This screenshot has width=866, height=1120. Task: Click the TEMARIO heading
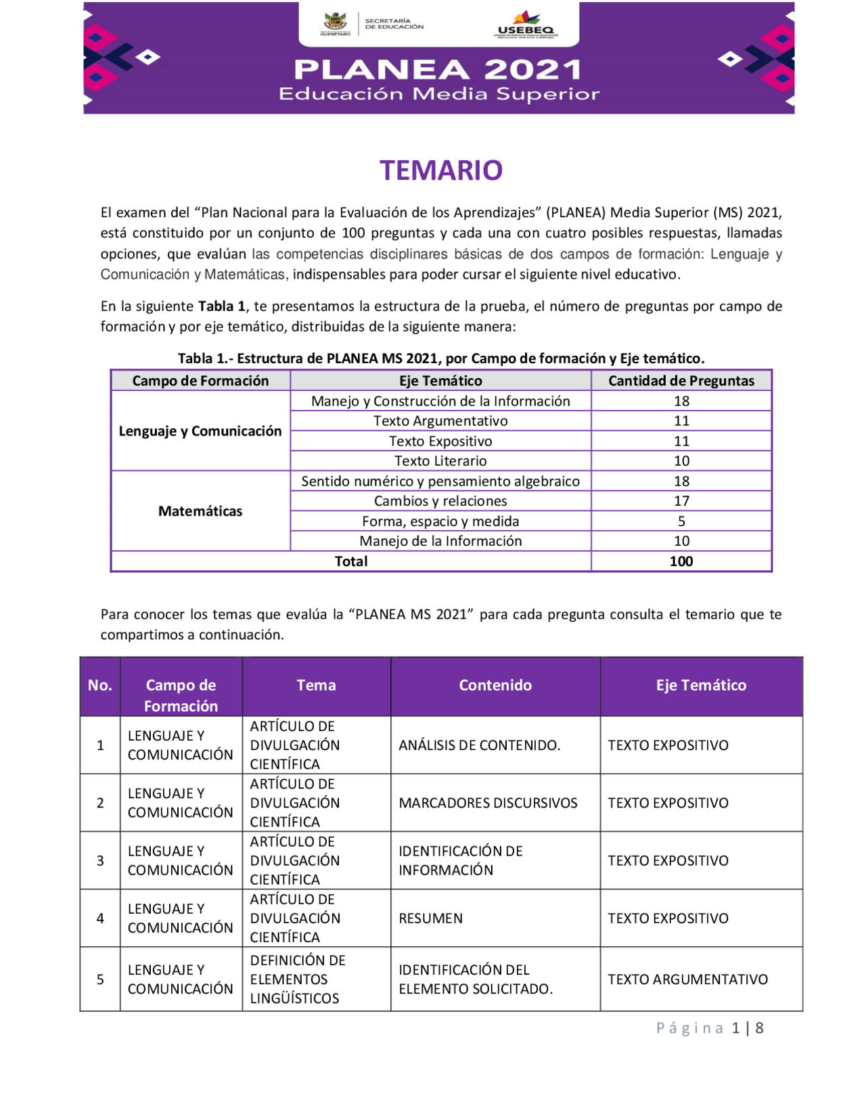point(440,170)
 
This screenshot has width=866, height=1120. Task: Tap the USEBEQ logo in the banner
point(526,25)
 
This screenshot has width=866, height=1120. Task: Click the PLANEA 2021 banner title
point(438,70)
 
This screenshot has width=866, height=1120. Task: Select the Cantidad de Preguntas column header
point(681,381)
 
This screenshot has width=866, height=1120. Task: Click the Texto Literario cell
point(440,461)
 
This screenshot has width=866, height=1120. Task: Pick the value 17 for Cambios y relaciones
point(681,501)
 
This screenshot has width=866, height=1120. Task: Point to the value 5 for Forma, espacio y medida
point(681,521)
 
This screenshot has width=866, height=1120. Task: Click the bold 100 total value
point(681,561)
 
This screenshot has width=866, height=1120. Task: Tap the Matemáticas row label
point(200,511)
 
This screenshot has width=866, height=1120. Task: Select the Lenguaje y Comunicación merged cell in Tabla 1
point(200,431)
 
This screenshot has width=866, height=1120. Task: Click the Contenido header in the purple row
point(495,685)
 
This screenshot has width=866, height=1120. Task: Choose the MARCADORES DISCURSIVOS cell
point(488,803)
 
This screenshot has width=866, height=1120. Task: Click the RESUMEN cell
point(431,918)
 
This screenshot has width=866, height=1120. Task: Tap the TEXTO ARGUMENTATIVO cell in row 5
point(687,979)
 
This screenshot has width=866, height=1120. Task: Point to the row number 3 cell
point(100,861)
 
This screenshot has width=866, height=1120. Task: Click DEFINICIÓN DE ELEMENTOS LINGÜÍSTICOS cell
point(298,979)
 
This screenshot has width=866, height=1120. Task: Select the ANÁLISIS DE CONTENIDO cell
point(479,745)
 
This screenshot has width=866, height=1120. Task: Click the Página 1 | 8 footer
point(710,1028)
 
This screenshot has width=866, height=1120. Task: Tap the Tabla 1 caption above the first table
point(441,358)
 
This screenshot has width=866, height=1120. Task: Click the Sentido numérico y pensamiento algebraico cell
point(440,482)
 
